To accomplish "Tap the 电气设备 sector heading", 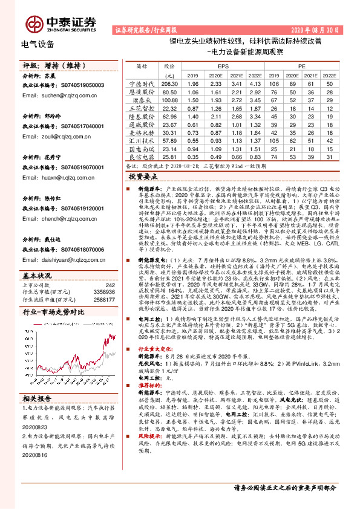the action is pos(38,44).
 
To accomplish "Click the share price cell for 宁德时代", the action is pos(169,83).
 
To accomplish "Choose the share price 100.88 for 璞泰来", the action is pos(169,99).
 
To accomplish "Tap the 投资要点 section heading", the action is pos(143,176).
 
